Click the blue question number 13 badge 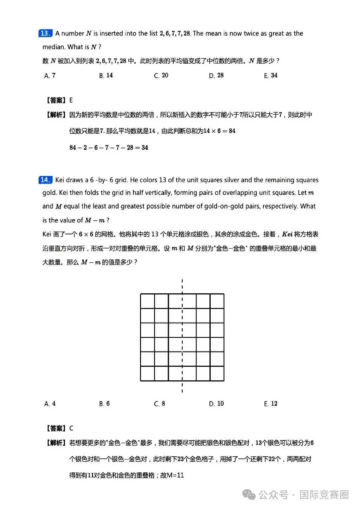[x=45, y=33]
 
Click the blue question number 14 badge [x=45, y=180]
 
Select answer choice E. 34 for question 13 [x=271, y=76]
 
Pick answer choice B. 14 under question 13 [x=106, y=76]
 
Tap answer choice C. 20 [x=161, y=76]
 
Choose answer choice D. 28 [x=216, y=76]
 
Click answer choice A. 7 [x=50, y=76]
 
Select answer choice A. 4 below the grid [x=50, y=404]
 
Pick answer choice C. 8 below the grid [x=160, y=404]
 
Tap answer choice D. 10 [x=216, y=404]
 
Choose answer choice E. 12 [x=271, y=404]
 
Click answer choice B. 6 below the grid [x=104, y=404]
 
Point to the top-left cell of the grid [x=147, y=301]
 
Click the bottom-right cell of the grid [x=217, y=373]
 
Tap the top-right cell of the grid [x=217, y=301]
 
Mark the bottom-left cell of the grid [x=147, y=373]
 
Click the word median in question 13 [x=54, y=47]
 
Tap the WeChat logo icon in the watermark [x=249, y=495]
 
